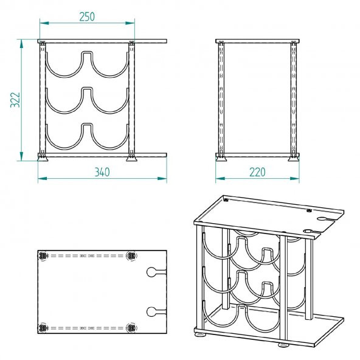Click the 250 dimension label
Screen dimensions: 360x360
tap(87, 17)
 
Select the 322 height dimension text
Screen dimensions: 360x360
tap(15, 100)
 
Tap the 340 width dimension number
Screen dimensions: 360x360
tap(102, 172)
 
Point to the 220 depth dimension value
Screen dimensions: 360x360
tap(257, 172)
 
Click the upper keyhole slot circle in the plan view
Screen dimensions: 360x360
tap(151, 272)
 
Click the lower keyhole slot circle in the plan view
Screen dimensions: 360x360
tap(151, 311)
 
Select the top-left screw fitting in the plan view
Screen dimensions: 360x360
tap(43, 255)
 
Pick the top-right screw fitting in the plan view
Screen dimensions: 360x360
tap(131, 255)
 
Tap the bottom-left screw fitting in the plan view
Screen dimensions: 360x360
tap(43, 328)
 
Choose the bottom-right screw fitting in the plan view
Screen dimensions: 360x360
tap(131, 328)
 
